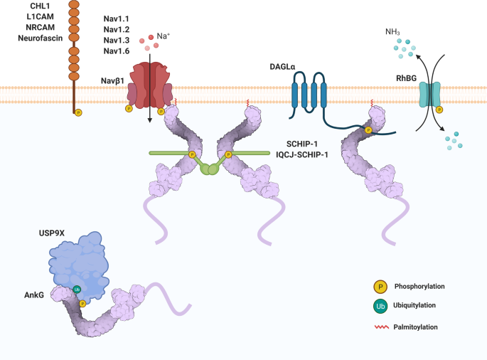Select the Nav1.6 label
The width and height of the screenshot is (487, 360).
pos(118,50)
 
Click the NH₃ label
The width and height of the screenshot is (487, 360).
pos(393,31)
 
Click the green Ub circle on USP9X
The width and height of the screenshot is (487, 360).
pos(77,290)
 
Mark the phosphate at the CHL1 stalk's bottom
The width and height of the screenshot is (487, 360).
pos(78,112)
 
